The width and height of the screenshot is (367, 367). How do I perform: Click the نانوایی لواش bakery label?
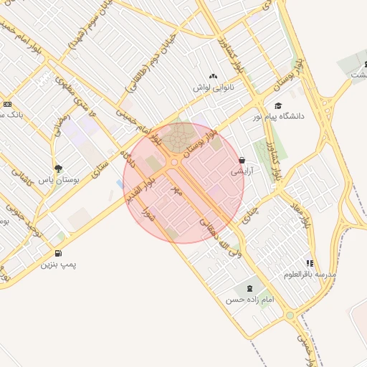[214, 87]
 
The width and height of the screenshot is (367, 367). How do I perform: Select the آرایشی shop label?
[242, 172]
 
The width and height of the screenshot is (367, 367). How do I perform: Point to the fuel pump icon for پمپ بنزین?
[58, 253]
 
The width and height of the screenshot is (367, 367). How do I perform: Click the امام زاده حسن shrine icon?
[249, 288]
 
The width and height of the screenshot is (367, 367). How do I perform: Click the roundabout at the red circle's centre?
[174, 163]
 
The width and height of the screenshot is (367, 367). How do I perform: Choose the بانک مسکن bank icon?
[7, 104]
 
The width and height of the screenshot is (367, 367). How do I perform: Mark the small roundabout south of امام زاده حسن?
[290, 315]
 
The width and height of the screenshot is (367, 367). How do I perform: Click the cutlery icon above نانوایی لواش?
[213, 76]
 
